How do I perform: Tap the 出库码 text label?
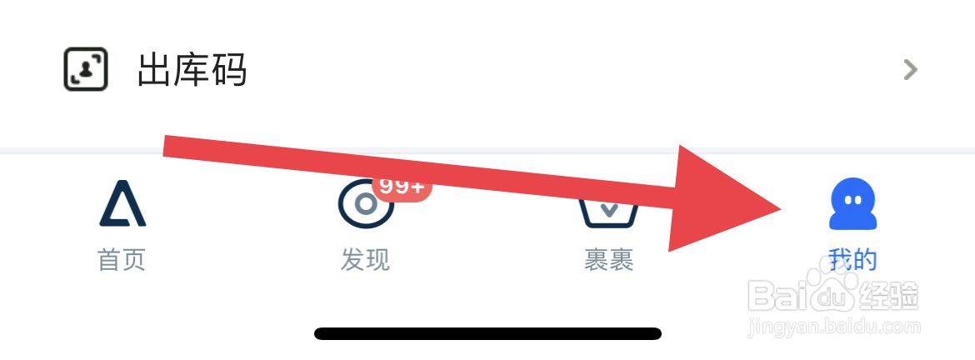point(192,71)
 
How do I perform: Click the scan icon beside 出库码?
point(86,69)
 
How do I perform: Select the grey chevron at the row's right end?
point(911,70)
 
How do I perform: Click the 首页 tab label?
point(122,260)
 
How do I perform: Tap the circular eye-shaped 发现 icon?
point(365,204)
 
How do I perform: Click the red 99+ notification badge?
point(402,186)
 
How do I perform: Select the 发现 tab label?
point(365,260)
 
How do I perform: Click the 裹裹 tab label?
point(609,260)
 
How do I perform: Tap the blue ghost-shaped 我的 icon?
point(853,205)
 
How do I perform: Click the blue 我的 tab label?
point(853,260)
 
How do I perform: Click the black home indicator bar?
point(487,333)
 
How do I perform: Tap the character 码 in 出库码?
point(228,71)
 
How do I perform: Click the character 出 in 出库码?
point(155,71)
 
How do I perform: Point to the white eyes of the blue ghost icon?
point(853,201)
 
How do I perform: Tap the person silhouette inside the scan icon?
point(86,72)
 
